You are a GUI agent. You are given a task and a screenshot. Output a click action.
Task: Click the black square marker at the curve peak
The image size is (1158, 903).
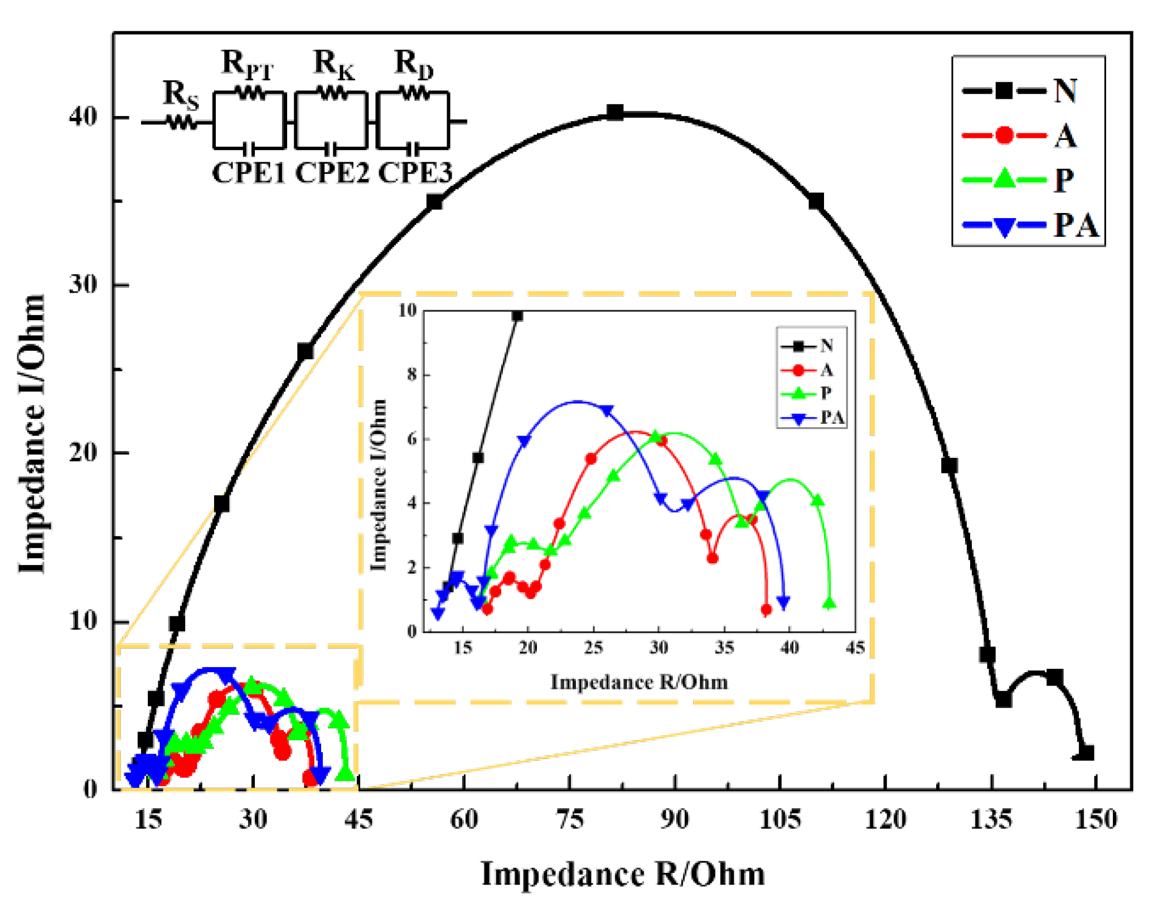(x=614, y=112)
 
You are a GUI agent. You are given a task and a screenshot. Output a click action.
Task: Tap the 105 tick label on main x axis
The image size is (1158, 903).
(x=780, y=820)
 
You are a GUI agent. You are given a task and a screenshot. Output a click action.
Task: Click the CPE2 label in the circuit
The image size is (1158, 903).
(x=332, y=173)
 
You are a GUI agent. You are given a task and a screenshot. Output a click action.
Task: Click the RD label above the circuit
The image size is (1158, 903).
(x=413, y=63)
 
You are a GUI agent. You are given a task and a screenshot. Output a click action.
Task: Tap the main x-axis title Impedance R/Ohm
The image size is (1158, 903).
(x=623, y=873)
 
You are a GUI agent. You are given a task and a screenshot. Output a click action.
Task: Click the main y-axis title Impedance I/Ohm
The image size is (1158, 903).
(x=32, y=433)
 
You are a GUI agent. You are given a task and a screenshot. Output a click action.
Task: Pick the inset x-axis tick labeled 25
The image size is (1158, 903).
(x=593, y=648)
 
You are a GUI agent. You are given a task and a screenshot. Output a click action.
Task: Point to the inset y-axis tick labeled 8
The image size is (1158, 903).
(x=412, y=374)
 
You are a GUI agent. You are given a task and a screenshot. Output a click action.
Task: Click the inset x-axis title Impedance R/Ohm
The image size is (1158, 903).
(x=639, y=682)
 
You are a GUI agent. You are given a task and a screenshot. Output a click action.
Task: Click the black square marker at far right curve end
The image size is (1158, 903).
(x=1086, y=753)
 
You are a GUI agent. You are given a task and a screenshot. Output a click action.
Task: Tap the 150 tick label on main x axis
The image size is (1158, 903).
(x=1096, y=820)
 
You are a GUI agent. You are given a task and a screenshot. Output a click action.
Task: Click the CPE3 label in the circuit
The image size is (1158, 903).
(x=415, y=173)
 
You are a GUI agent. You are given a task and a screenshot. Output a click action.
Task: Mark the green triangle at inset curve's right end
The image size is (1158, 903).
(x=830, y=603)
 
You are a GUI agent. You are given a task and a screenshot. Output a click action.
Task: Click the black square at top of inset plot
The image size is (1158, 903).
(x=517, y=316)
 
